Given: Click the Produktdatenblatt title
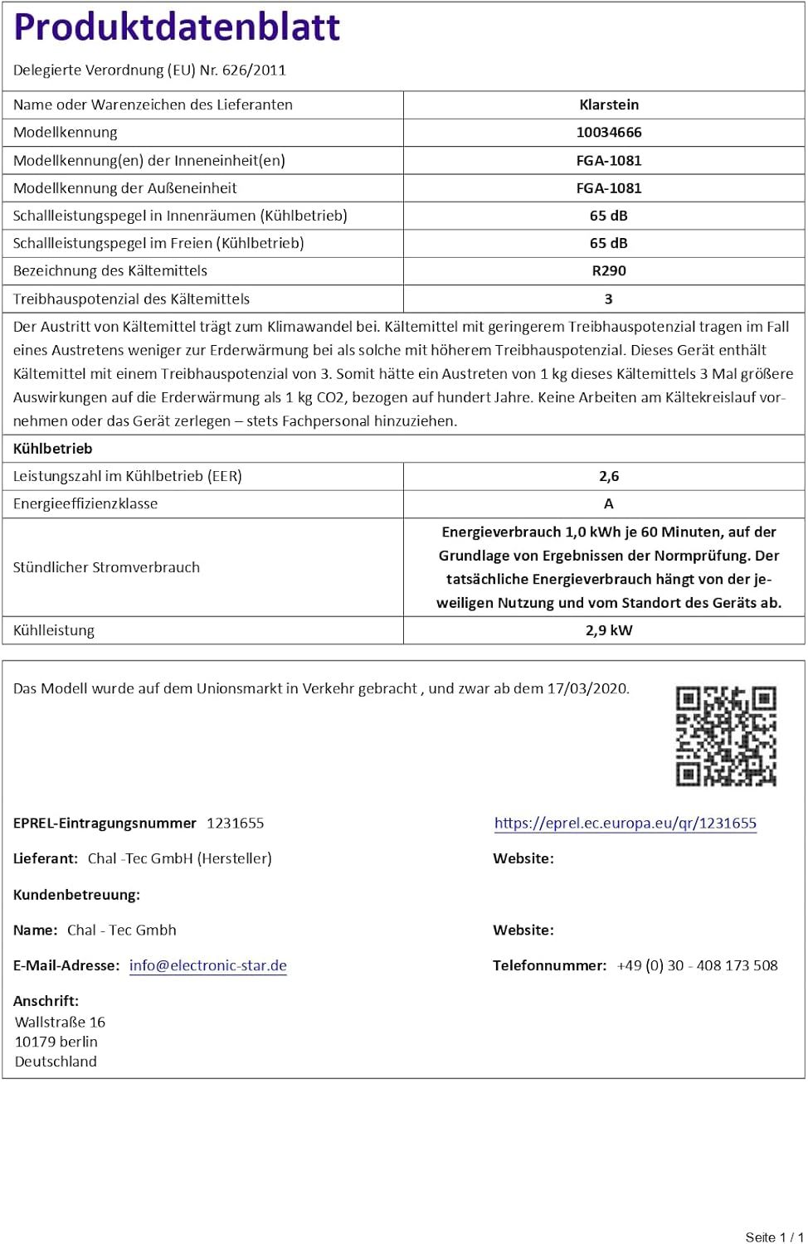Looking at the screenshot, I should click(x=177, y=27).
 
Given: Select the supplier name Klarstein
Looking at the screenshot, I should click(x=609, y=104).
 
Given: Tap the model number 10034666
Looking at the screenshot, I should click(x=609, y=133).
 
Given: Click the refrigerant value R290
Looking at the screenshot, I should click(x=609, y=271).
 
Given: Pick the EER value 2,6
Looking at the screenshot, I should click(x=609, y=476).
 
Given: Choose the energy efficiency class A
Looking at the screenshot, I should click(x=609, y=503).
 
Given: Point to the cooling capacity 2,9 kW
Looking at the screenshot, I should click(x=609, y=630).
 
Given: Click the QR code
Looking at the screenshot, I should click(x=726, y=736).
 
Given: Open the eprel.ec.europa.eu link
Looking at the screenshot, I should click(x=625, y=823).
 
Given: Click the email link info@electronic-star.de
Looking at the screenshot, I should click(x=208, y=965).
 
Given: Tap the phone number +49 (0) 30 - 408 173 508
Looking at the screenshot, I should click(x=697, y=965).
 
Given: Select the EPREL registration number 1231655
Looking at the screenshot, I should click(x=236, y=824).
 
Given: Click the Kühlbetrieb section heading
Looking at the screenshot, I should click(x=53, y=449).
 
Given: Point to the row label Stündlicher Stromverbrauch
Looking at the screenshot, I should click(x=106, y=567).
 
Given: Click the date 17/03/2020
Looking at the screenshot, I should click(x=587, y=688).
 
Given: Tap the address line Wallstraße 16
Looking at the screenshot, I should click(x=60, y=1022).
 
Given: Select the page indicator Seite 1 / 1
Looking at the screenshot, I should click(x=774, y=1237).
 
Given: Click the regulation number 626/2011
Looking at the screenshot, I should click(x=254, y=70).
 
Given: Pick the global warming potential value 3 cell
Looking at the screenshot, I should click(x=609, y=299).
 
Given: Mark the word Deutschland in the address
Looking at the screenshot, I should click(x=56, y=1062).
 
